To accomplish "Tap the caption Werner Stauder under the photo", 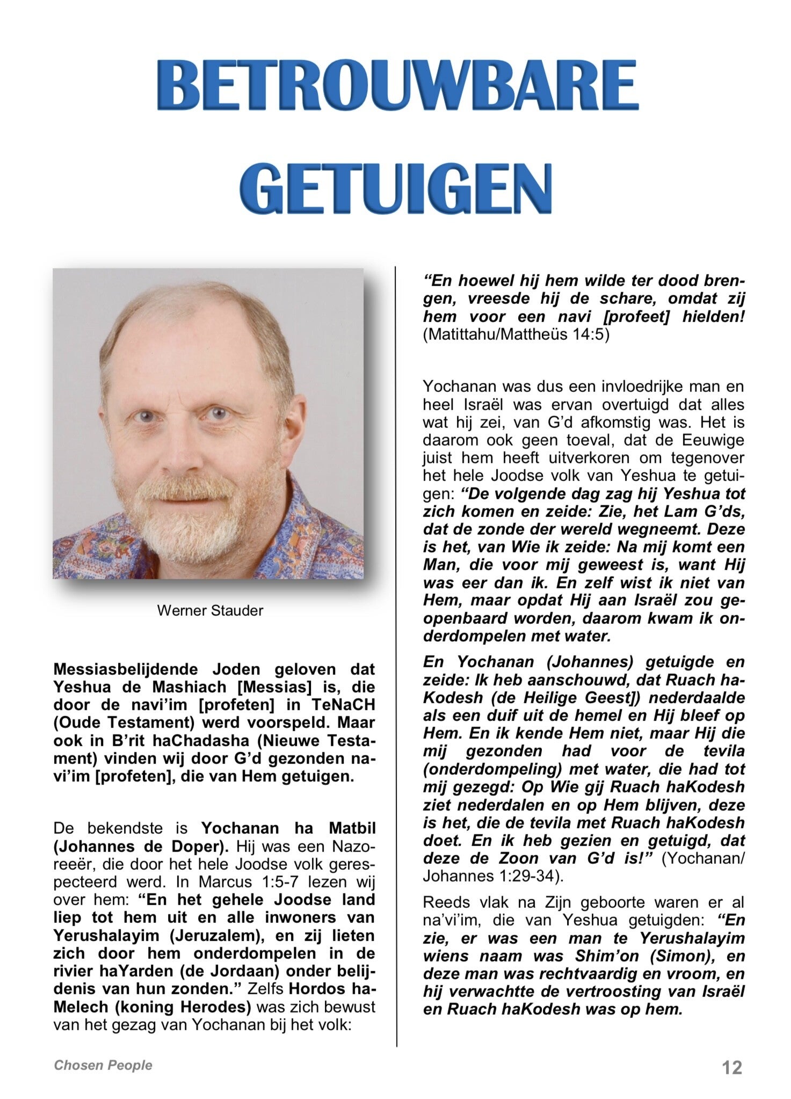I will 210,610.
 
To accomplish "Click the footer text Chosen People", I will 103,1065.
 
